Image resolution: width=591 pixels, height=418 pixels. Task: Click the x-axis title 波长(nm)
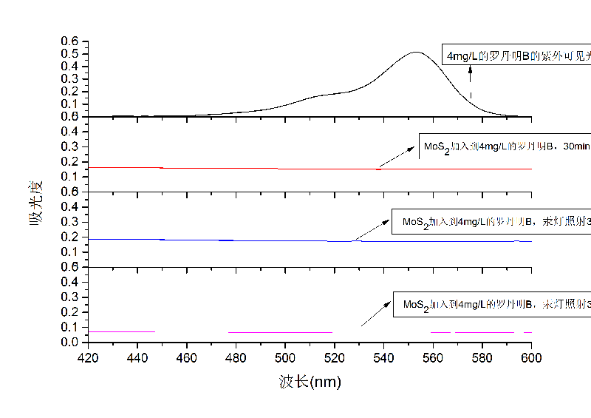tap(310, 382)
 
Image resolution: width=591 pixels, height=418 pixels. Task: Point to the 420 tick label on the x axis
tap(88, 358)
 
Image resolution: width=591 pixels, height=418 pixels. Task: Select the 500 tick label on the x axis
tap(285, 358)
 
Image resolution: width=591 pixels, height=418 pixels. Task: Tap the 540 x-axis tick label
tap(383, 358)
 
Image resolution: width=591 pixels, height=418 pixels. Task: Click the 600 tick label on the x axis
tap(531, 358)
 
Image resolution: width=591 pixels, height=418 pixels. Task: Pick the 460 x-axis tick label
tap(187, 358)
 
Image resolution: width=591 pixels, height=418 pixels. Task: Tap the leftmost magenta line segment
tap(122, 331)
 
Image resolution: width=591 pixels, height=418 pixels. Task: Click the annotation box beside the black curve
tap(517, 56)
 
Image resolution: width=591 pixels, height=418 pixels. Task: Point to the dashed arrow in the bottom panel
tap(376, 313)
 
